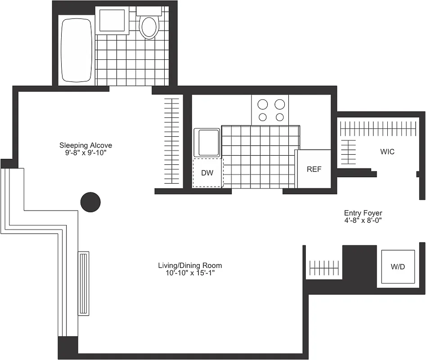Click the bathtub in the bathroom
(x=76, y=49)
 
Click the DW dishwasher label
(x=207, y=173)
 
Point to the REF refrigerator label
(x=314, y=169)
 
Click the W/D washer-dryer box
(x=398, y=266)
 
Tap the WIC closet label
(x=387, y=152)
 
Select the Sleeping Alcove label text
(x=85, y=145)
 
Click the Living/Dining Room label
(x=190, y=265)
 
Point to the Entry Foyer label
(x=363, y=213)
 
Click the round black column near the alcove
(x=90, y=202)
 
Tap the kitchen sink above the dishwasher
(x=207, y=143)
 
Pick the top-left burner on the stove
(x=263, y=104)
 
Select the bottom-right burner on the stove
(x=280, y=117)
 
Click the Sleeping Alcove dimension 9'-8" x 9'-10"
(x=85, y=153)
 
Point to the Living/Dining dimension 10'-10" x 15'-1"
(x=190, y=273)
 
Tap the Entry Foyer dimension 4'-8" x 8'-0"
(x=363, y=220)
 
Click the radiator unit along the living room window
(x=84, y=283)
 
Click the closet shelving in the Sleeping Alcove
(x=171, y=140)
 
